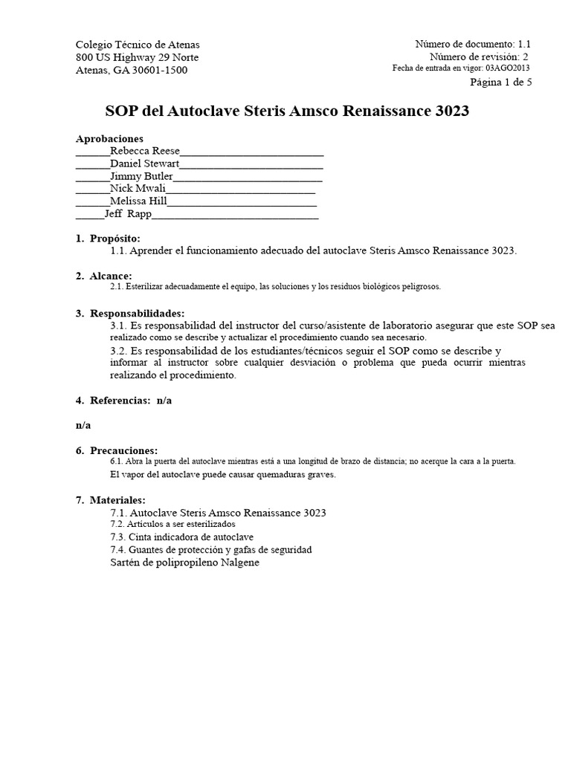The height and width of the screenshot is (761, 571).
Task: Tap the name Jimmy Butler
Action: click(141, 176)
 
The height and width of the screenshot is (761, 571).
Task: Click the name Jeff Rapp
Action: click(128, 213)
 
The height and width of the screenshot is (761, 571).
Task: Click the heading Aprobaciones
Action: click(109, 138)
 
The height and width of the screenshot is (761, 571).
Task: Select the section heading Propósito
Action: click(114, 239)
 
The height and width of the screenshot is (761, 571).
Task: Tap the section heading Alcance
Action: click(111, 276)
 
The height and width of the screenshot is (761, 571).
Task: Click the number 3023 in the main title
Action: click(449, 111)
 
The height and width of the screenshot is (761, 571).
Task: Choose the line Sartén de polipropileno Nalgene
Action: click(184, 563)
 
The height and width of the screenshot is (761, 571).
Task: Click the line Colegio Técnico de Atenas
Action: click(138, 45)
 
